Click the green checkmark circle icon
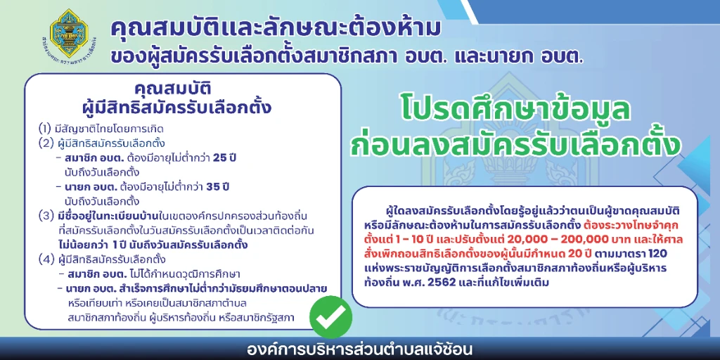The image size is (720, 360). (x=330, y=317)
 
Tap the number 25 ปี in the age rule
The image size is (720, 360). (x=225, y=158)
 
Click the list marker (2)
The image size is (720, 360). (x=46, y=143)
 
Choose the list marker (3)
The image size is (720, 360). (x=46, y=217)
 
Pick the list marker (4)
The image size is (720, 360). (x=46, y=259)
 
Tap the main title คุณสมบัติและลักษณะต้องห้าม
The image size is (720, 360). (x=276, y=29)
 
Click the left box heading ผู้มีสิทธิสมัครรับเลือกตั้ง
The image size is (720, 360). (x=176, y=108)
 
